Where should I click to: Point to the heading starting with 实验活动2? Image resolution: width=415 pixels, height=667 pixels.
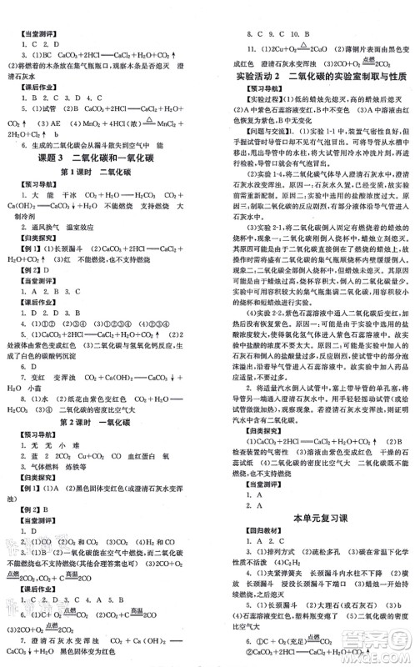coord(312,76)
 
